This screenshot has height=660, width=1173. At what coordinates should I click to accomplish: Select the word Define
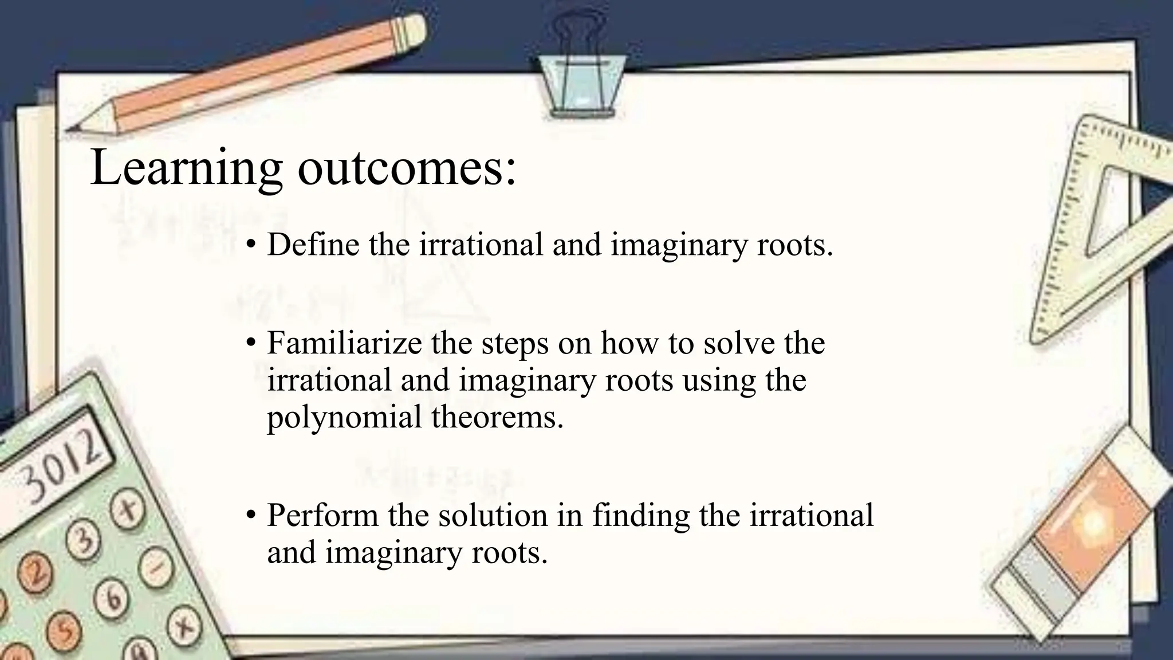313,245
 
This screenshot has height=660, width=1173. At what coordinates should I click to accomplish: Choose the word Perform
322,515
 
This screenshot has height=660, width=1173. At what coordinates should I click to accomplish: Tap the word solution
493,515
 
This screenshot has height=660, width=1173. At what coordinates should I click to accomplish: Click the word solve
738,343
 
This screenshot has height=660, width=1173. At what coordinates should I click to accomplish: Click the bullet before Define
250,245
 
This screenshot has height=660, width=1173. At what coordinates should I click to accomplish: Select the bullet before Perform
250,516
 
